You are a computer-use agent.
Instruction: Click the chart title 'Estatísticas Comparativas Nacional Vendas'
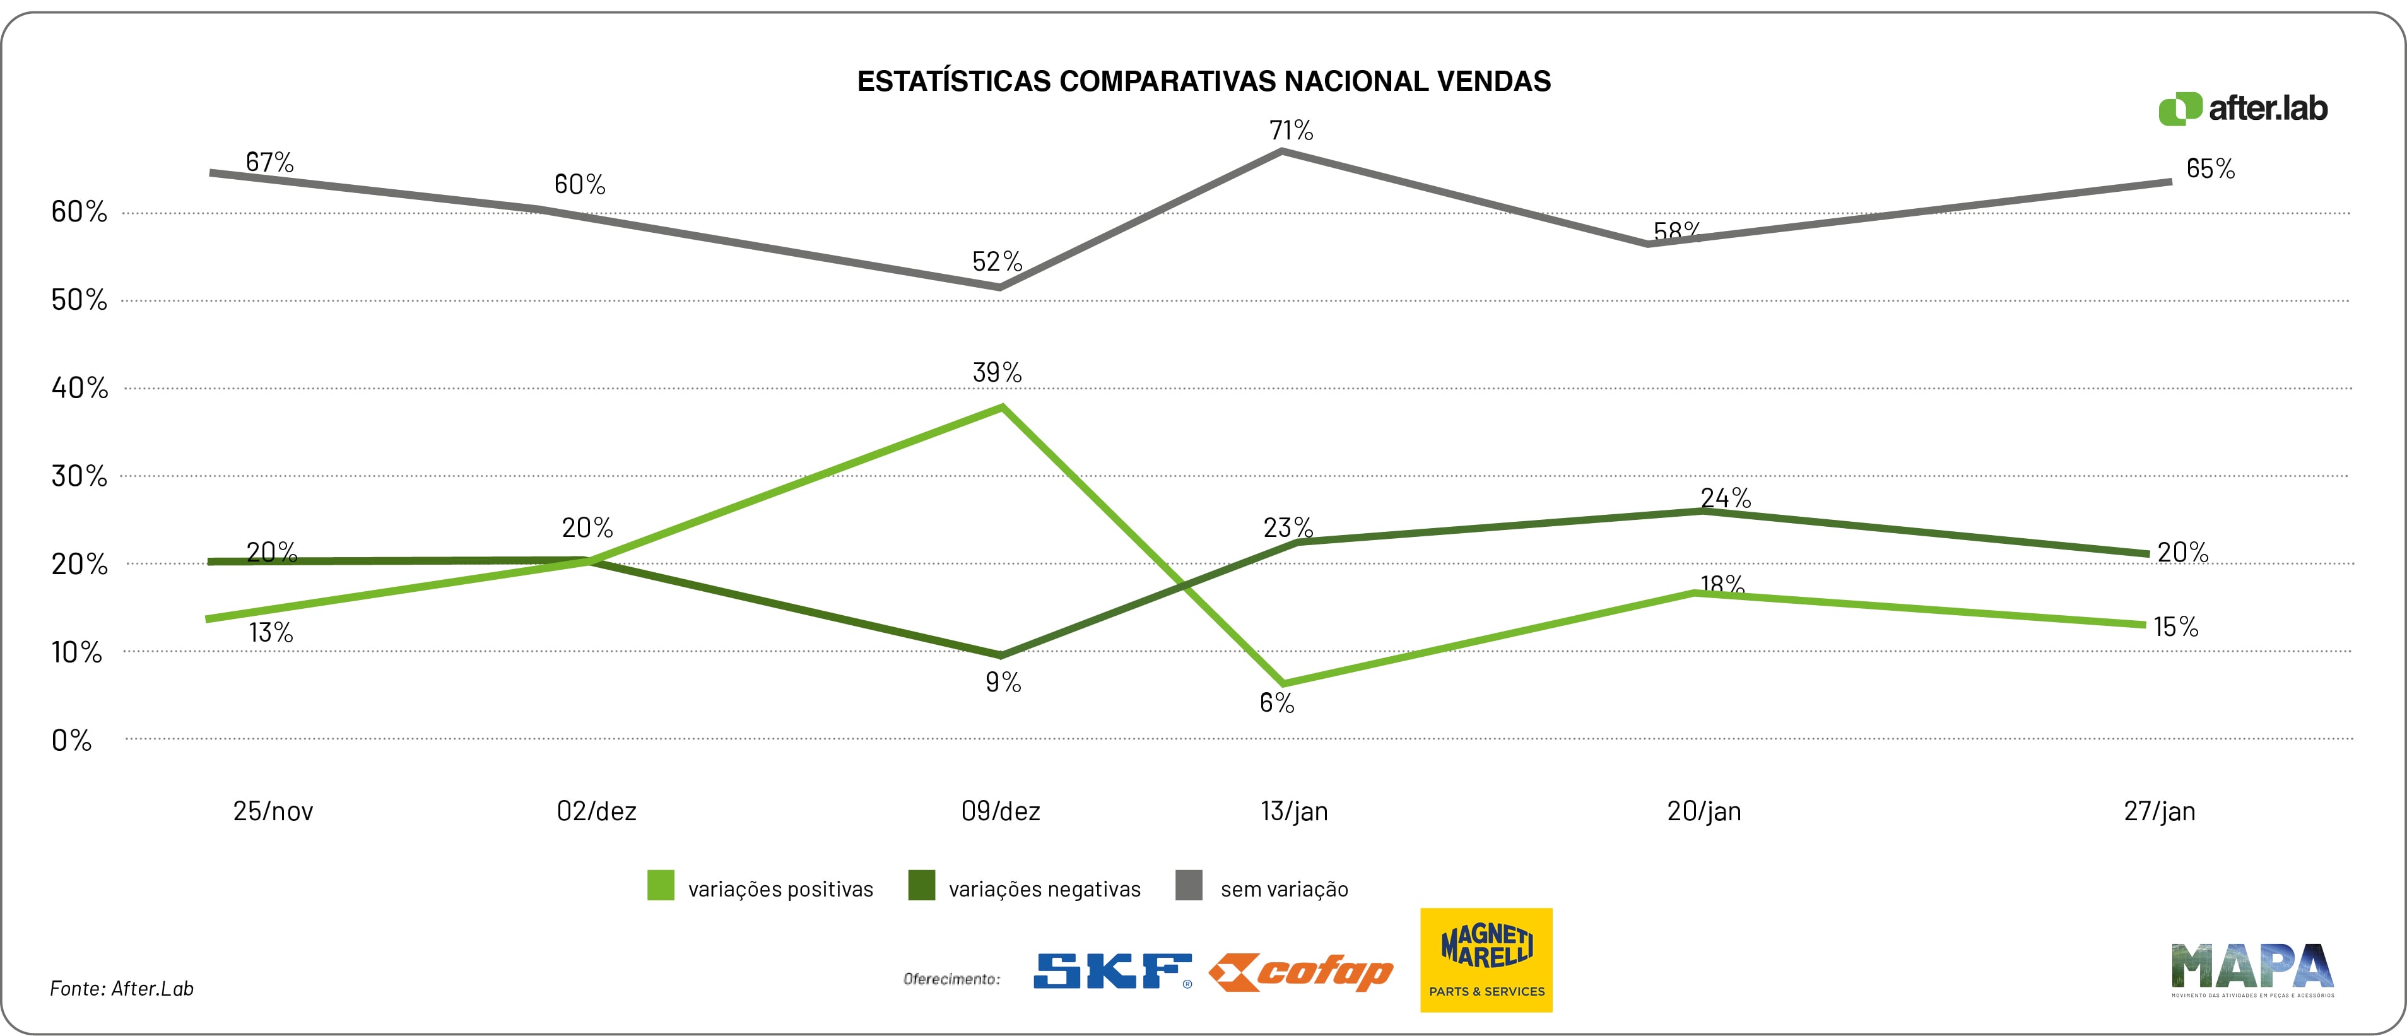pyautogui.click(x=1204, y=81)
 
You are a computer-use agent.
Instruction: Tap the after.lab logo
pyautogui.click(x=2242, y=109)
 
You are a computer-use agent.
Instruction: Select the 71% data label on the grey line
pyautogui.click(x=1292, y=131)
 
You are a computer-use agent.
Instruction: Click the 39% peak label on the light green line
pyautogui.click(x=997, y=373)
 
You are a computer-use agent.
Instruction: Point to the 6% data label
pyautogui.click(x=1276, y=702)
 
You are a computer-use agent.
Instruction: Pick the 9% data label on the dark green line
pyautogui.click(x=1003, y=682)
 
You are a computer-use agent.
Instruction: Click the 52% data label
pyautogui.click(x=997, y=262)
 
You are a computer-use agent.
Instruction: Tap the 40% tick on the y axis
pyautogui.click(x=79, y=387)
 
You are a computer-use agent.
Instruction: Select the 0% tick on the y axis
pyautogui.click(x=71, y=741)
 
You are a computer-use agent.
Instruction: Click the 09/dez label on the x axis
pyautogui.click(x=1001, y=811)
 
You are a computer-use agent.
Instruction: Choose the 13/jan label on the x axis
pyautogui.click(x=1294, y=811)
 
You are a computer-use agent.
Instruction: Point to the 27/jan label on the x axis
pyautogui.click(x=2160, y=811)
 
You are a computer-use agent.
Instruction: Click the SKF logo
pyautogui.click(x=1112, y=972)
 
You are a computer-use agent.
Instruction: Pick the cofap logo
pyautogui.click(x=1301, y=974)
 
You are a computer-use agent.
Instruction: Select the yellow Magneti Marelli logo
pyautogui.click(x=1486, y=960)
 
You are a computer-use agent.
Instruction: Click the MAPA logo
pyautogui.click(x=2252, y=968)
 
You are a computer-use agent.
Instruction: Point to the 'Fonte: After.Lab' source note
pyautogui.click(x=122, y=988)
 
